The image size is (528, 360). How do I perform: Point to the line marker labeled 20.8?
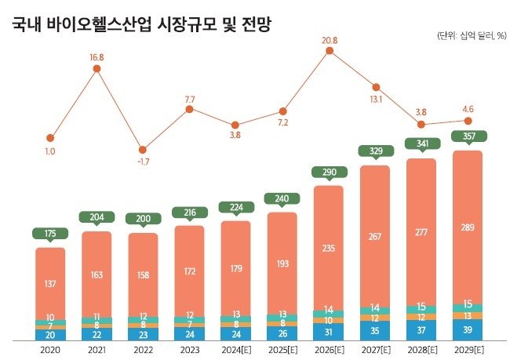tap(330, 53)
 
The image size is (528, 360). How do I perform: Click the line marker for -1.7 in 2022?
tap(143, 149)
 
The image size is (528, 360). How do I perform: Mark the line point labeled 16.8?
tap(96, 69)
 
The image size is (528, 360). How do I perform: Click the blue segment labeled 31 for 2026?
tap(329, 332)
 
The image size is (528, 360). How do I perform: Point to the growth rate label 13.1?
tap(375, 100)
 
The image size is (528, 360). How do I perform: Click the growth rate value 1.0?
tap(50, 151)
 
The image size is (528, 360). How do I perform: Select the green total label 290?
tap(329, 171)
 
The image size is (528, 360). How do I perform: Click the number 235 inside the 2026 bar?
tap(329, 248)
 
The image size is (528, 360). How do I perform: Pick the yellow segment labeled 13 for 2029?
tap(468, 315)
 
